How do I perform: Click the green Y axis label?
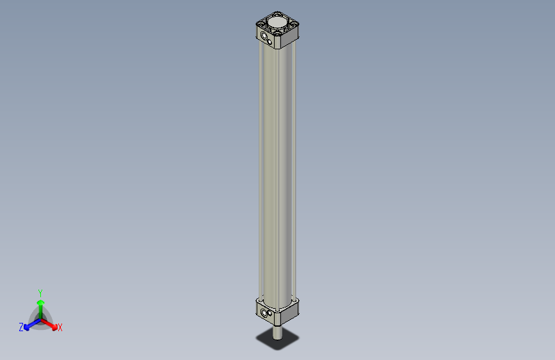(x=40, y=293)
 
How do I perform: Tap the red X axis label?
(x=60, y=327)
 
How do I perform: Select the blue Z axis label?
(x=21, y=327)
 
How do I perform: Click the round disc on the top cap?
(x=277, y=22)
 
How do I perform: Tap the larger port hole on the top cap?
(x=264, y=36)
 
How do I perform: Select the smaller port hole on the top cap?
(x=269, y=42)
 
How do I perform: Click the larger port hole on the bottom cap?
(x=264, y=313)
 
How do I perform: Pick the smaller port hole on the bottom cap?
(x=270, y=314)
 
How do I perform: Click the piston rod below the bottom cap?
(x=277, y=332)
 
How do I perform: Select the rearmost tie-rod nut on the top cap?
(x=277, y=14)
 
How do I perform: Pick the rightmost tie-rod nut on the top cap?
(x=294, y=24)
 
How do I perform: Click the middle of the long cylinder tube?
(x=277, y=173)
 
